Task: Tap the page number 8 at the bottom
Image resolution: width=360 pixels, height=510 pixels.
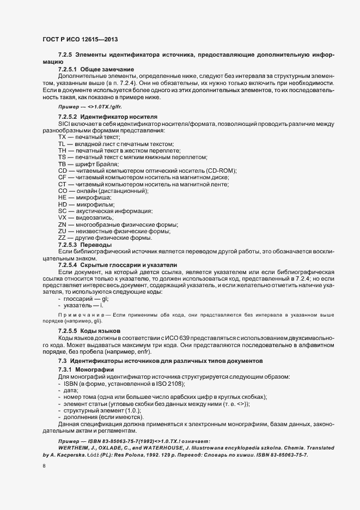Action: (44, 466)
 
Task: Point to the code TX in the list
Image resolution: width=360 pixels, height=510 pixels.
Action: (62, 137)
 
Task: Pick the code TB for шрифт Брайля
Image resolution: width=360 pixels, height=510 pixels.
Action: (62, 164)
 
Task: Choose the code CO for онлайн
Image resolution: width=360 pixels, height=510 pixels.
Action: (62, 191)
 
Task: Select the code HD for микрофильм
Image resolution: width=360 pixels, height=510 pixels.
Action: (62, 204)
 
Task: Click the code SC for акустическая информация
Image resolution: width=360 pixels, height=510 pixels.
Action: (62, 211)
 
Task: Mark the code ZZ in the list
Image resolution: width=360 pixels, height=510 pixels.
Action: (62, 238)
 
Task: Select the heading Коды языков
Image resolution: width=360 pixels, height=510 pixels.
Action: (100, 331)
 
